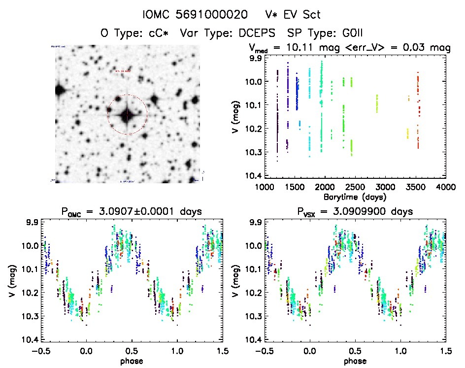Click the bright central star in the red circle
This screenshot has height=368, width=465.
(127, 115)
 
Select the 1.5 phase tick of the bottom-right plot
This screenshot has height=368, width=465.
(445, 351)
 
